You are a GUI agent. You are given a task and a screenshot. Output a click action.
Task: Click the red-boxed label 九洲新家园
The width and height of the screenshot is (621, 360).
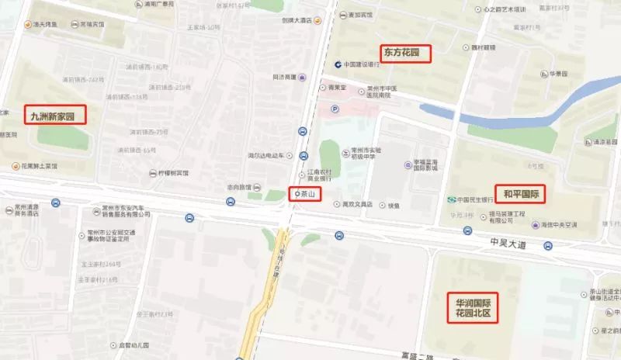pyautogui.click(x=54, y=116)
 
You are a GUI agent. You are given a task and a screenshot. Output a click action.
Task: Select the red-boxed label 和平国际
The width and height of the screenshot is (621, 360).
pyautogui.click(x=522, y=193)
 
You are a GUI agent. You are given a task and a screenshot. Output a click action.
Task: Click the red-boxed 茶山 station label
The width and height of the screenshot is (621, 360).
pyautogui.click(x=304, y=193)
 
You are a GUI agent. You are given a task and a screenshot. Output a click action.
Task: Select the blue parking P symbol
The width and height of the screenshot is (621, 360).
pyautogui.click(x=335, y=109)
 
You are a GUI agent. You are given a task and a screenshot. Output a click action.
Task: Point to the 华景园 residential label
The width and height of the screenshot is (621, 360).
pyautogui.click(x=560, y=74)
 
